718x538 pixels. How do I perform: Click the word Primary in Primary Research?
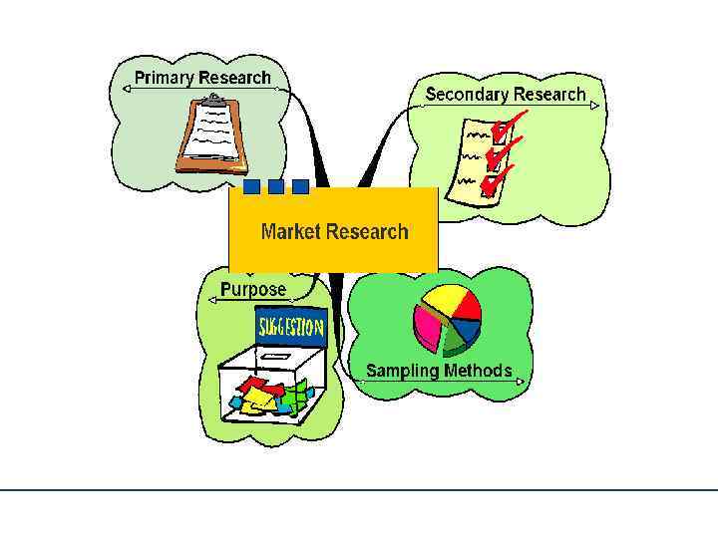[165, 78]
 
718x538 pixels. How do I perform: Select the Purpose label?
[253, 290]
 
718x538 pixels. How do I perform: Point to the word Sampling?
[402, 371]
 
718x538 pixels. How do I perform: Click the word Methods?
[478, 371]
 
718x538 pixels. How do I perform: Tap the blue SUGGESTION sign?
[291, 327]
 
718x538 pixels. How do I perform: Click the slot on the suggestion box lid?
[274, 356]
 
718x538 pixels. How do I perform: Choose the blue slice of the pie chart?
[467, 330]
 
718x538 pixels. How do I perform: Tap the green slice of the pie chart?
[454, 342]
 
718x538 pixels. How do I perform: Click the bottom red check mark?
[496, 179]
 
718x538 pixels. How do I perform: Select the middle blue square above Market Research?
[276, 186]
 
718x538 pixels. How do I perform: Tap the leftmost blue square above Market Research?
[252, 186]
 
